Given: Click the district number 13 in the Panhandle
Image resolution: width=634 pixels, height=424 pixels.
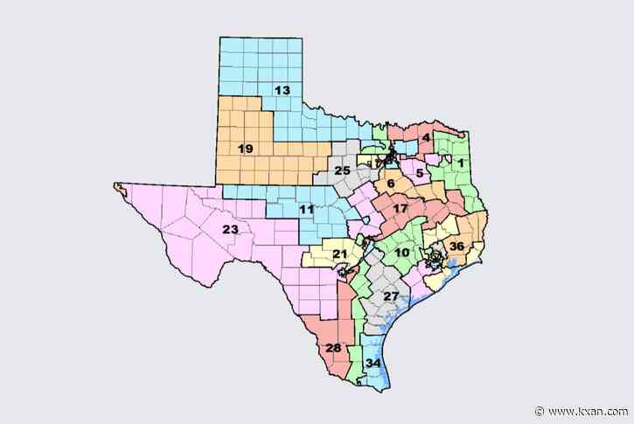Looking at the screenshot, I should [x=282, y=91].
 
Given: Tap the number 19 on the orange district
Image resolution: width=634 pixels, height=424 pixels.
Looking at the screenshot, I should [x=245, y=149].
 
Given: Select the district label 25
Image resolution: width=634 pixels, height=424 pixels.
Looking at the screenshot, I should [x=343, y=170].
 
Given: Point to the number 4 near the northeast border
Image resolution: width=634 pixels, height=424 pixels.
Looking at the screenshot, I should [x=425, y=138].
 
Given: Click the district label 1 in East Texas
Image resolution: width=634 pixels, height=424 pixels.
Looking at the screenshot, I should [x=461, y=163].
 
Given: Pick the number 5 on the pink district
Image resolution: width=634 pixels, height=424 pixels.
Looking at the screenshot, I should [x=420, y=174].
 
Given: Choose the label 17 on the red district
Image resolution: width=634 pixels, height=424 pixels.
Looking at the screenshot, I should [x=399, y=210].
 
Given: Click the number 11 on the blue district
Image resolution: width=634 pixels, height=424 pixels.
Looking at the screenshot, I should [x=306, y=210].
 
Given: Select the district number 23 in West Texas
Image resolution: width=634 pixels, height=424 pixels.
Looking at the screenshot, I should [x=230, y=230].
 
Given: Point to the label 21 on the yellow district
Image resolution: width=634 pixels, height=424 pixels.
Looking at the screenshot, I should [x=339, y=254].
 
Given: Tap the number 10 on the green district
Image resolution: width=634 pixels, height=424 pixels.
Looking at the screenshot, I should [x=401, y=254].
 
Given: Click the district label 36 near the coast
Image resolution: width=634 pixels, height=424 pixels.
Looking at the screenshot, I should [x=456, y=247].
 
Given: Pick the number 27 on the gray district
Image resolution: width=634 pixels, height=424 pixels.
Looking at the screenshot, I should [x=390, y=296].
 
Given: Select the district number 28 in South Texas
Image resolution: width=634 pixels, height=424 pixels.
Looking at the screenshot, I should [x=332, y=348].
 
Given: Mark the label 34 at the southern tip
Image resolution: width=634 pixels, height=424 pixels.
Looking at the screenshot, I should [x=373, y=363].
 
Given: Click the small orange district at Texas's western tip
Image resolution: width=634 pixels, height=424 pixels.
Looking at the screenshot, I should [x=120, y=186].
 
